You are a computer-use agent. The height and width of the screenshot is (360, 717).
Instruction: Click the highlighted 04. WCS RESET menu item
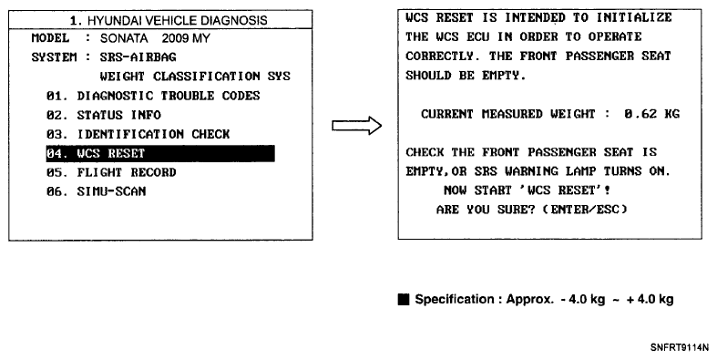pyautogui.click(x=160, y=153)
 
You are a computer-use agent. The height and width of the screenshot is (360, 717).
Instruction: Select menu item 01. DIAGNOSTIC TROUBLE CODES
pyautogui.click(x=153, y=96)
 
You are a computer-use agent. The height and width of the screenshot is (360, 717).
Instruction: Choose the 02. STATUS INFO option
pyautogui.click(x=103, y=115)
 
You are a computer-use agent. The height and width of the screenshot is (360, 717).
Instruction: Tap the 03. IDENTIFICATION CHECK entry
pyautogui.click(x=138, y=134)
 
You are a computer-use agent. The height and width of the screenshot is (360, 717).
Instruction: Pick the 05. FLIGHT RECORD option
pyautogui.click(x=111, y=172)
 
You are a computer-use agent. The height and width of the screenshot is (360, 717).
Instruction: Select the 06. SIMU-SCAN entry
pyautogui.click(x=96, y=191)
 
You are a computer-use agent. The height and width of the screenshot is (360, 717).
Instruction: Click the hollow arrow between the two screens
pyautogui.click(x=356, y=126)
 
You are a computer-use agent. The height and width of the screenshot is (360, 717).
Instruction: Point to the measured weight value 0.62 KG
pyautogui.click(x=652, y=114)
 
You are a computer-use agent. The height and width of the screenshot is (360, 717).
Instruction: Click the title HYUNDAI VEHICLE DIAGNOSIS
pyautogui.click(x=177, y=21)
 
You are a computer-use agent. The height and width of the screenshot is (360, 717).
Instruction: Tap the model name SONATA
pyautogui.click(x=124, y=38)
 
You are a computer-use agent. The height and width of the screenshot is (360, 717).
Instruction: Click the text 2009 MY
pyautogui.click(x=186, y=38)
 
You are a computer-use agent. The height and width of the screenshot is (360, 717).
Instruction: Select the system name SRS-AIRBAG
pyautogui.click(x=138, y=57)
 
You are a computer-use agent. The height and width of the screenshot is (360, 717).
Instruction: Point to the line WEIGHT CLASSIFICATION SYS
pyautogui.click(x=195, y=77)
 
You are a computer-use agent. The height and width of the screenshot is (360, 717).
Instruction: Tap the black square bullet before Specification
pyautogui.click(x=404, y=300)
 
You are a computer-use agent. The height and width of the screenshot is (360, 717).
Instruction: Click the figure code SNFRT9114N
pyautogui.click(x=680, y=347)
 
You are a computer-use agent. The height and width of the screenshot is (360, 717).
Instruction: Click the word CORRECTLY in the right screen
pyautogui.click(x=439, y=57)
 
